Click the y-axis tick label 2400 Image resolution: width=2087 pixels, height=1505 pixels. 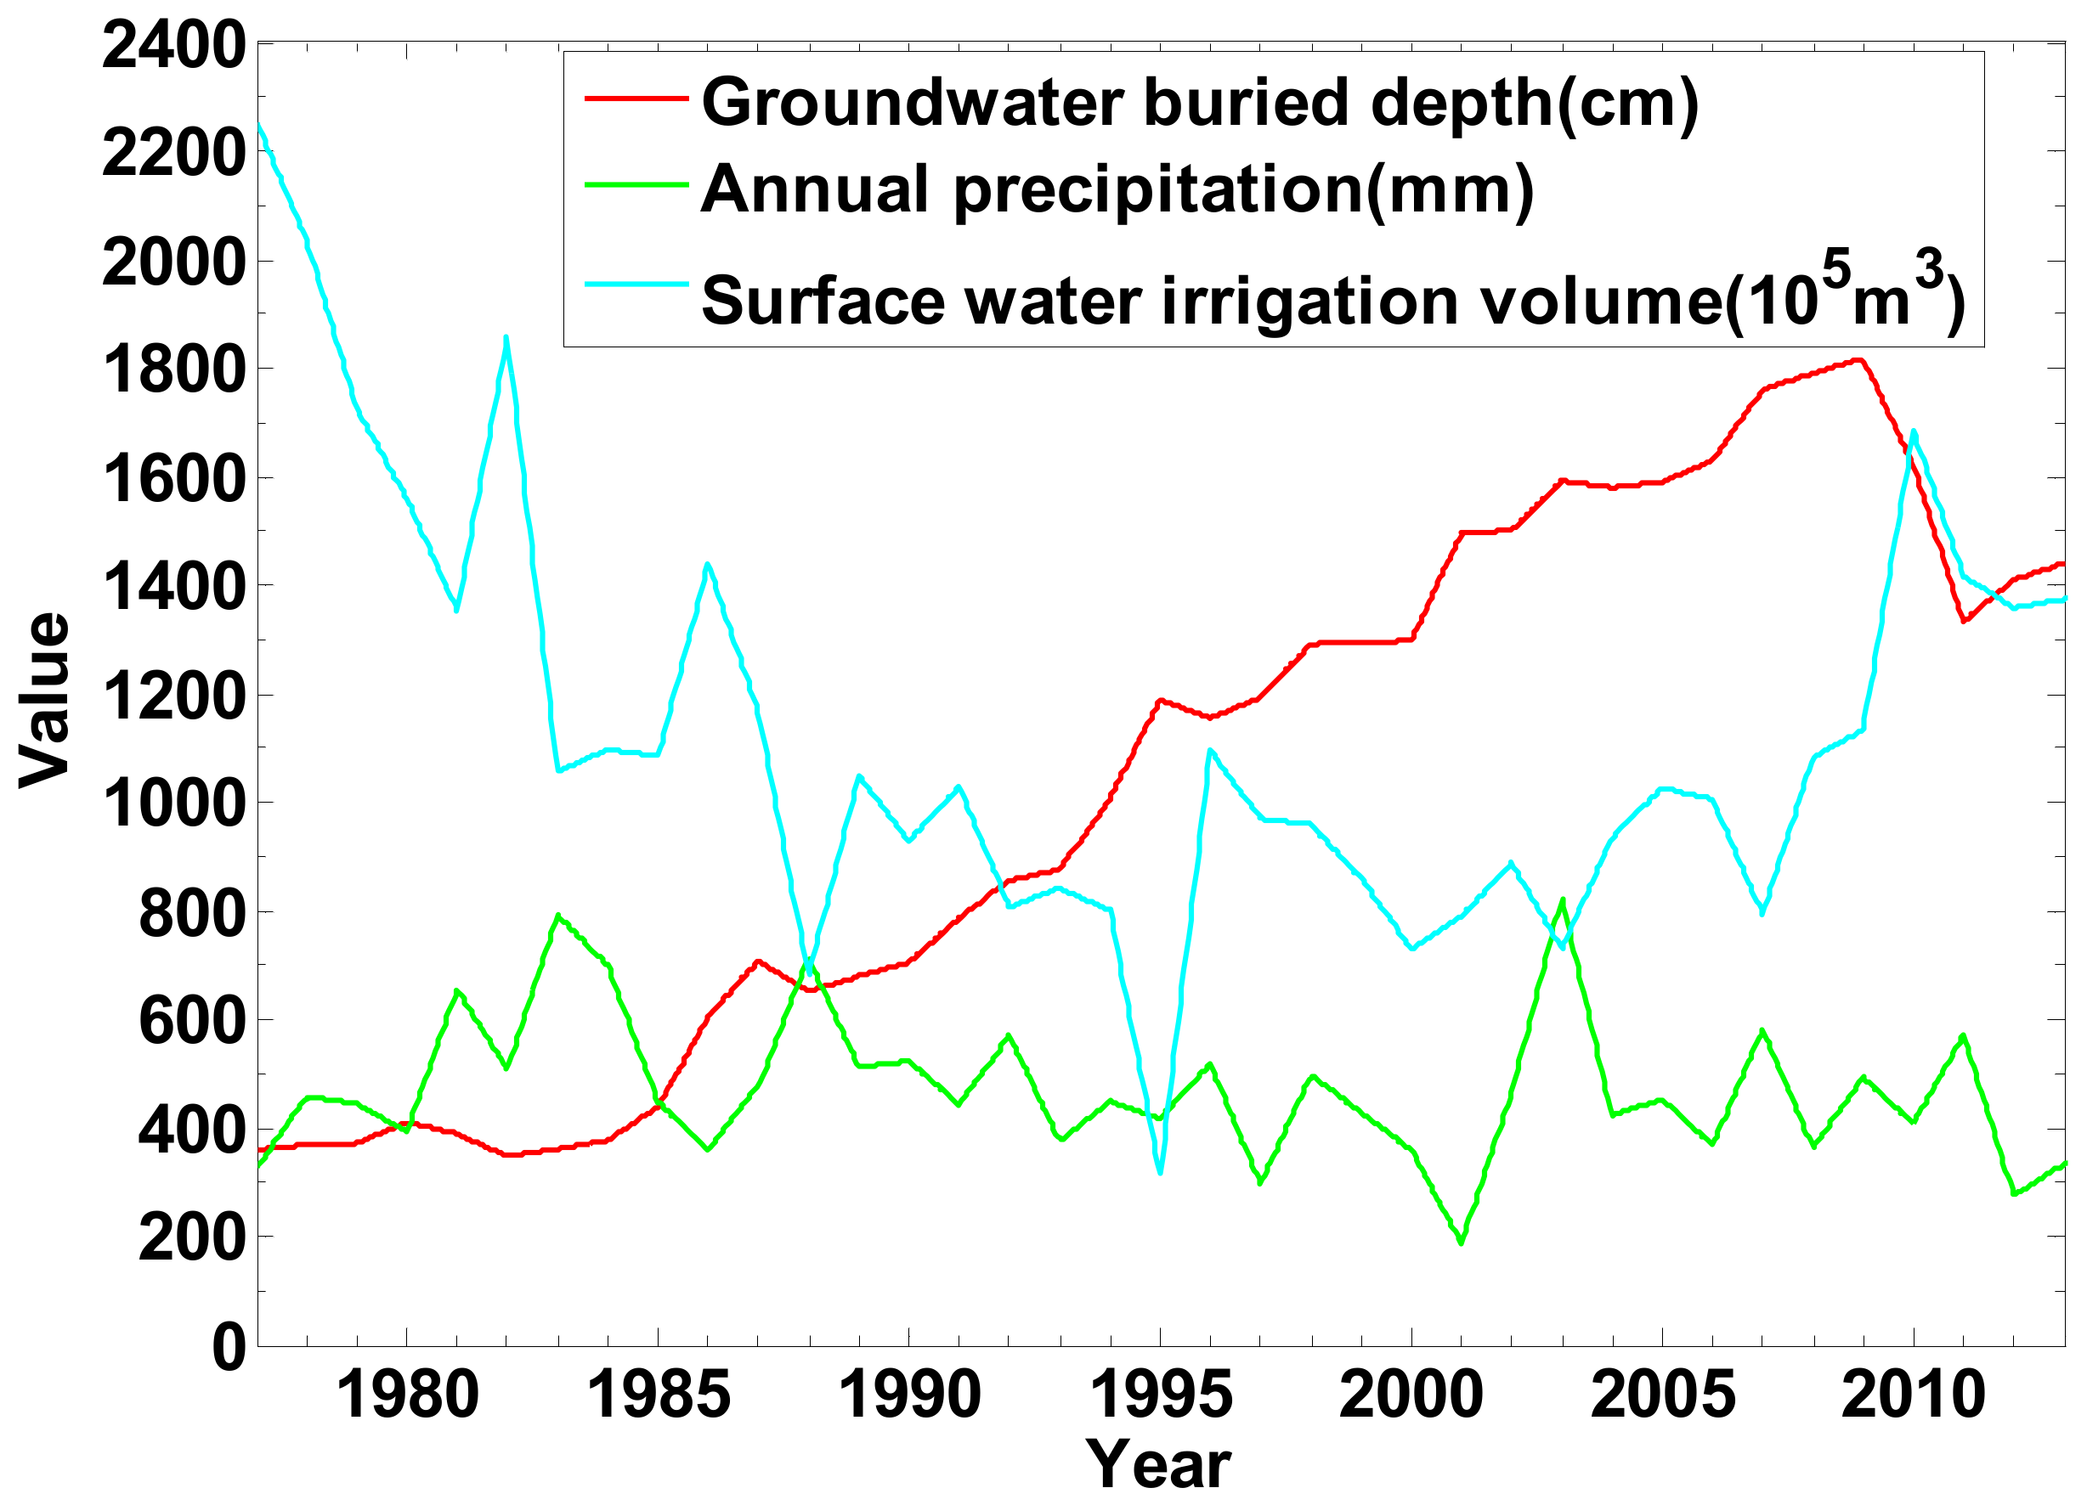173,47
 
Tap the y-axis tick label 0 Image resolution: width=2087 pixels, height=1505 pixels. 229,1348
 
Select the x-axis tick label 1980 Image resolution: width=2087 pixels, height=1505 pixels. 407,1395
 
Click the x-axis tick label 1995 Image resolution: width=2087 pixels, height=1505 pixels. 1161,1395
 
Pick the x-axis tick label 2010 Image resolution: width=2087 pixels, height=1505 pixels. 1913,1395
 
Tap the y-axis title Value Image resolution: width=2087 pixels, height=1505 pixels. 44,699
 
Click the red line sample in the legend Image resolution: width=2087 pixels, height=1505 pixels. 636,99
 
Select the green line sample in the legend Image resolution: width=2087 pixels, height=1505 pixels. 636,185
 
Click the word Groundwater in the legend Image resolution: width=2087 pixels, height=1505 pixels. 912,101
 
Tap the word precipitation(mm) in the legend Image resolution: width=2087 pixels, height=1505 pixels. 1243,189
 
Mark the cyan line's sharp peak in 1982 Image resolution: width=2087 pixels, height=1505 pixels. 506,339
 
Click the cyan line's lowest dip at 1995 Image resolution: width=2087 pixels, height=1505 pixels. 1161,1171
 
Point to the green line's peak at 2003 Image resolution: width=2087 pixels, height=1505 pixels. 1563,900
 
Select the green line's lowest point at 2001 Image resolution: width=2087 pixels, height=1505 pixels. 1462,1243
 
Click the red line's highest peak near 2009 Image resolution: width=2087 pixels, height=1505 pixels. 1858,360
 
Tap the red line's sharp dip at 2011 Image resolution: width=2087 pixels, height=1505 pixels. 1964,621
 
